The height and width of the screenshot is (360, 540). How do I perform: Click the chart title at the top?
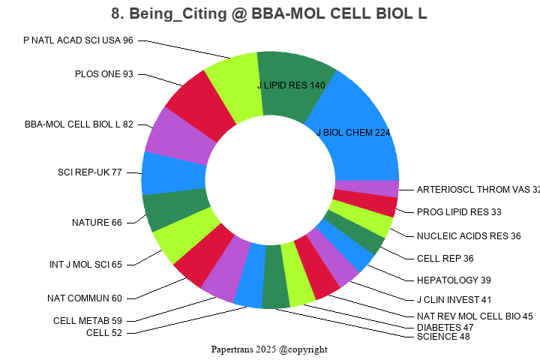point(269,13)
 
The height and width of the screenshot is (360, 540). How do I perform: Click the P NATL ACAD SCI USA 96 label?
point(78,40)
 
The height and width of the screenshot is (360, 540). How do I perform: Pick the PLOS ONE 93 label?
point(104,73)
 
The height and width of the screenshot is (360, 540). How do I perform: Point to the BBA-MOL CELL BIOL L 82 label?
point(79,124)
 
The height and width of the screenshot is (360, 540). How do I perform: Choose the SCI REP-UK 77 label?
point(90,172)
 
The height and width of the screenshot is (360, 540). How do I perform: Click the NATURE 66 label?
point(97,223)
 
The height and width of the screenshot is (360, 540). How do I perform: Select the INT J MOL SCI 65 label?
point(86,264)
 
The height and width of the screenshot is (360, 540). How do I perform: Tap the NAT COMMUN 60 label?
point(85,298)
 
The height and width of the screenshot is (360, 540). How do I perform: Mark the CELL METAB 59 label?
point(88,321)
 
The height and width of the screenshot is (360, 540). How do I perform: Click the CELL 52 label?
point(104,333)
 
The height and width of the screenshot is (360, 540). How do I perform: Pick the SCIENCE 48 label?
point(443,337)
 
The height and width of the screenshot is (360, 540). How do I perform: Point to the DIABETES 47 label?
point(445,328)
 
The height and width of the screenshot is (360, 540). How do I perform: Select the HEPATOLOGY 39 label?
point(454,280)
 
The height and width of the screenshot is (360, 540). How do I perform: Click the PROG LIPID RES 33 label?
point(459,212)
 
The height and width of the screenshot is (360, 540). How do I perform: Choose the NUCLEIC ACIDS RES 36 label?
point(469,236)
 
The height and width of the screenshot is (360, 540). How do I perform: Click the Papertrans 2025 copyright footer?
point(269,349)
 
